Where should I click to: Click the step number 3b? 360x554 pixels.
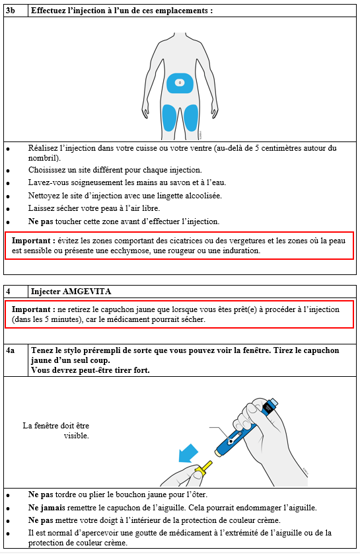pos(11,11)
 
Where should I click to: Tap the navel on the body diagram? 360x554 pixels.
pos(180,83)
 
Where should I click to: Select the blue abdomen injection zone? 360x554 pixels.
pos(180,83)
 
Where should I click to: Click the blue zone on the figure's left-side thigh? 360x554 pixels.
pos(169,118)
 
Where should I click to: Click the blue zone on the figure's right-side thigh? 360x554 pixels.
pos(191,118)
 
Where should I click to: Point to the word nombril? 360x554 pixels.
pos(44,158)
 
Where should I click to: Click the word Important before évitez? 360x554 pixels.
pos(31,241)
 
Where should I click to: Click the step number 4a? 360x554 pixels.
pos(11,350)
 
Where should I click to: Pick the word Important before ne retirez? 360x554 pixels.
pos(31,309)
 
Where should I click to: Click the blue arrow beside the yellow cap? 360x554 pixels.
pos(188,454)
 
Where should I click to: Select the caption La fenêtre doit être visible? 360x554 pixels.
pos(55,430)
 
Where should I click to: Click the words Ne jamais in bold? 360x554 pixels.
pos(47,508)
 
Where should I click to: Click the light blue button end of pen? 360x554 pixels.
pos(273,402)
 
